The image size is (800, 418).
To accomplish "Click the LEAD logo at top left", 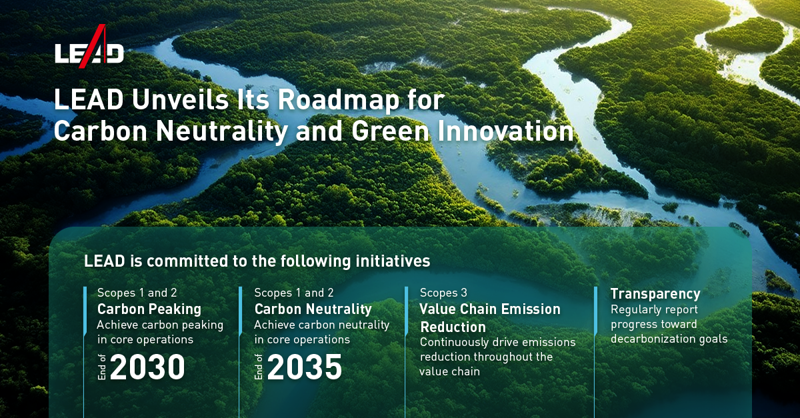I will click(89, 48).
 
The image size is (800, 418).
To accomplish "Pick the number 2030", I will click(147, 367).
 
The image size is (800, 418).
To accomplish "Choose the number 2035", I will click(305, 367).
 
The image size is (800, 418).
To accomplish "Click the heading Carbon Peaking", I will click(149, 309).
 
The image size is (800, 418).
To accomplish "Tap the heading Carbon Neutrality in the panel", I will click(313, 309).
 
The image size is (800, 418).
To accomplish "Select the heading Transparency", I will click(655, 294).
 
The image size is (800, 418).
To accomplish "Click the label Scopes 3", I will click(443, 293).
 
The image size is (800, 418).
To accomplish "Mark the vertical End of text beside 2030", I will click(103, 368).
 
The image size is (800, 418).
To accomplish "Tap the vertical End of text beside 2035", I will click(259, 368).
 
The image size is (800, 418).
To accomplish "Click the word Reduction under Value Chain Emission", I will click(453, 327).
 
